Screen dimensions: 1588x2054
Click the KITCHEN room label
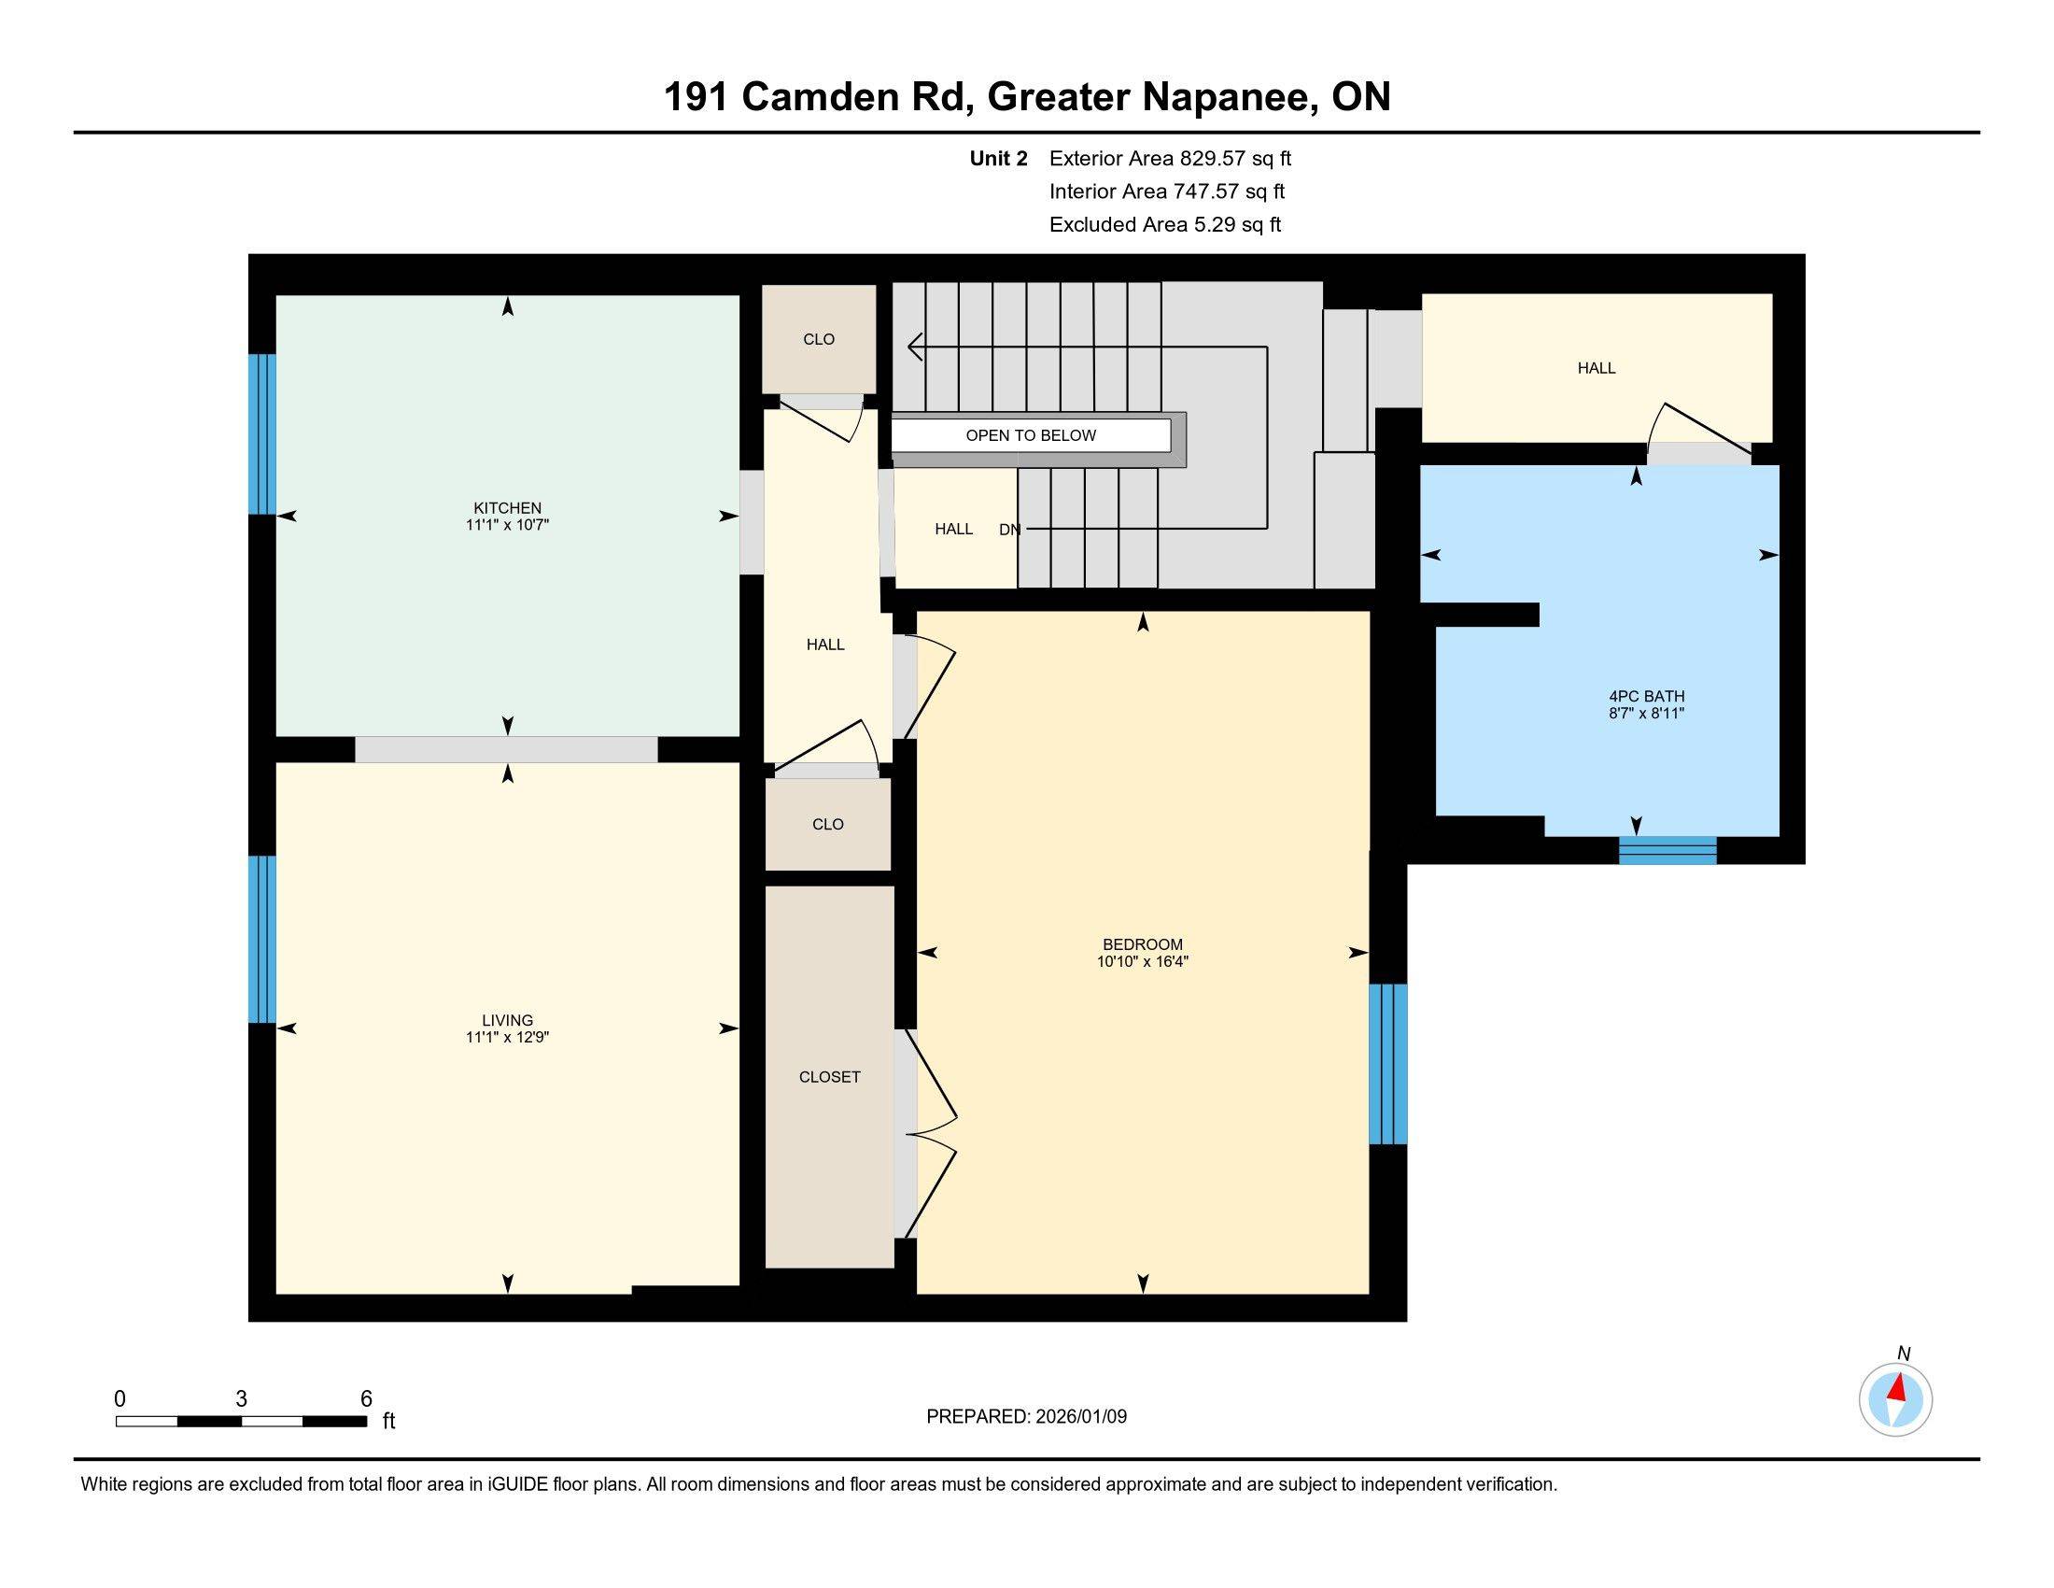(x=507, y=508)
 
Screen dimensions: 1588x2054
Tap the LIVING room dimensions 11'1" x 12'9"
(x=507, y=1038)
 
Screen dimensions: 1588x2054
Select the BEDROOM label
(x=1143, y=944)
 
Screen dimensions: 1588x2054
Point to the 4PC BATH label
(x=1646, y=696)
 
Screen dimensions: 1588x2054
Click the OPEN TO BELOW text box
(x=1031, y=435)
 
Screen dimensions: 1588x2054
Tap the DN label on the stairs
(x=1009, y=530)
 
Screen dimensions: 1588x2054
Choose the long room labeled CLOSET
(x=828, y=1077)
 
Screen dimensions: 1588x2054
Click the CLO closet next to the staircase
(x=818, y=340)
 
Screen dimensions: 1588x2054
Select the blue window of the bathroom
(x=1667, y=850)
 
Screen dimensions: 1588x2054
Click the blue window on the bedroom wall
(x=1387, y=1064)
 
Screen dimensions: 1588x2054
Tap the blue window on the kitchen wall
(x=262, y=433)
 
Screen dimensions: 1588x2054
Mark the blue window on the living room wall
(x=262, y=938)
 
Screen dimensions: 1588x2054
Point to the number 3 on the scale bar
(x=242, y=1399)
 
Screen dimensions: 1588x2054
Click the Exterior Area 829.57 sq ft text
(x=1170, y=159)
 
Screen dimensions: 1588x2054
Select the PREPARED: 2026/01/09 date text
(x=1026, y=1416)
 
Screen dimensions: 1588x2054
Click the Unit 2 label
(x=998, y=159)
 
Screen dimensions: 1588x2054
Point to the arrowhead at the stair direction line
(x=913, y=347)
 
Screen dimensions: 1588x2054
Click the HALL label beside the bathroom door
(x=1596, y=369)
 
